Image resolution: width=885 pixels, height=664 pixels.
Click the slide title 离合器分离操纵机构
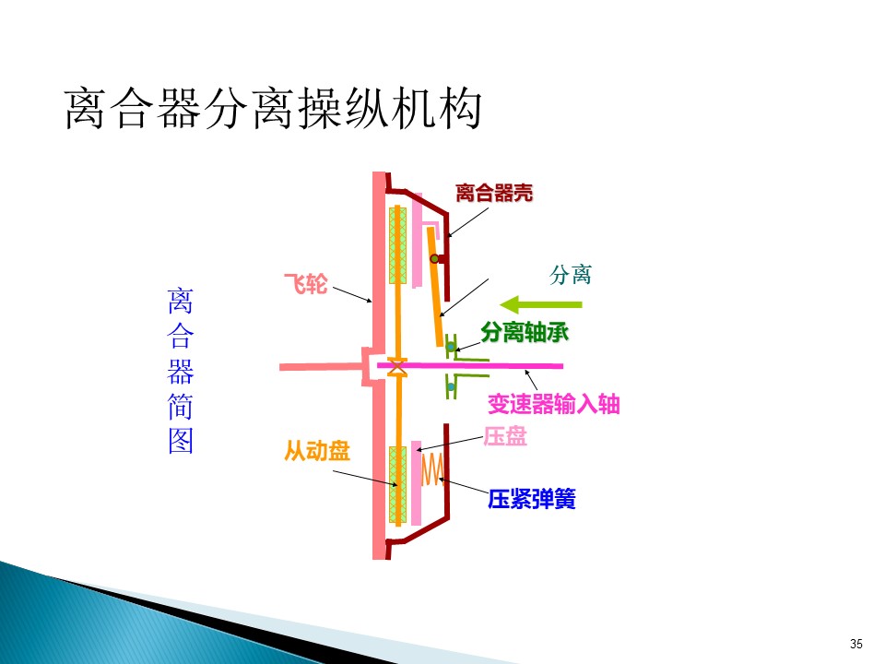pyautogui.click(x=273, y=109)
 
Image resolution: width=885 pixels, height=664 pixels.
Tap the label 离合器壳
pyautogui.click(x=494, y=193)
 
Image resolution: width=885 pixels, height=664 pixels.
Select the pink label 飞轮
pyautogui.click(x=305, y=283)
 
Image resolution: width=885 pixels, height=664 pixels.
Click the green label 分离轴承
pyautogui.click(x=525, y=332)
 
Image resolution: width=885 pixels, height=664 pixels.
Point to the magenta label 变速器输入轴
pyautogui.click(x=554, y=404)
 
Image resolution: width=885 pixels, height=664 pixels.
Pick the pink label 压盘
pyautogui.click(x=505, y=436)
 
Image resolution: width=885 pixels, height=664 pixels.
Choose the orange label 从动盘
pyautogui.click(x=317, y=451)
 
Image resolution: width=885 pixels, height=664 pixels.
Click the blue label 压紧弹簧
pyautogui.click(x=532, y=499)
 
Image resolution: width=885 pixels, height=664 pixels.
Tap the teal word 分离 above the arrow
pyautogui.click(x=570, y=275)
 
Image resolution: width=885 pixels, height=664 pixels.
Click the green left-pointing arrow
pyautogui.click(x=541, y=304)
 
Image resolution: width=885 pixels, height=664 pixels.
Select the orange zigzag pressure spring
pyautogui.click(x=433, y=469)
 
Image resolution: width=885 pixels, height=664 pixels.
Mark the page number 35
pyautogui.click(x=855, y=644)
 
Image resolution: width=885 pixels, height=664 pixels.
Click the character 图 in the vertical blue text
pyautogui.click(x=181, y=441)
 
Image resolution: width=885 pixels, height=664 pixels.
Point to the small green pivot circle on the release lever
pyautogui.click(x=434, y=259)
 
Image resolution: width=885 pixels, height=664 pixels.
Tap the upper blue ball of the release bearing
pyautogui.click(x=451, y=346)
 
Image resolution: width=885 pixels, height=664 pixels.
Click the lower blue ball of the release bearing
pyautogui.click(x=451, y=387)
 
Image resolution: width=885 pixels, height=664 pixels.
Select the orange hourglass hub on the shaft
pyautogui.click(x=397, y=367)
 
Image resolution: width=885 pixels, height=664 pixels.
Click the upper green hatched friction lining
pyautogui.click(x=398, y=245)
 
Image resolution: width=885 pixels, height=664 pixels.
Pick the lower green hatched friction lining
pyautogui.click(x=398, y=485)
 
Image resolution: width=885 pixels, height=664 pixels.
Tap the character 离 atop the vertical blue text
pyautogui.click(x=181, y=301)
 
